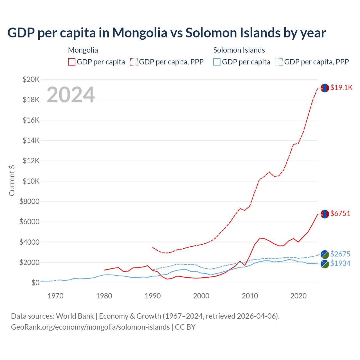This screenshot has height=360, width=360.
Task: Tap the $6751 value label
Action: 340,213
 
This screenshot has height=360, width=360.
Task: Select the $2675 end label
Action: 340,254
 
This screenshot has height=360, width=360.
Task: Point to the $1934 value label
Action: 340,263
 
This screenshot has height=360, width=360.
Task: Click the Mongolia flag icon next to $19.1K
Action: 325,88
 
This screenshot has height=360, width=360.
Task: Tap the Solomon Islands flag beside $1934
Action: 325,264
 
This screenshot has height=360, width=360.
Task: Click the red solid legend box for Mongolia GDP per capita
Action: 72,62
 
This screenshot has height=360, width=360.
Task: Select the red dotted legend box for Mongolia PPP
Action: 134,62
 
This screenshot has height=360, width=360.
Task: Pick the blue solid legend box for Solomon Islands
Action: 217,62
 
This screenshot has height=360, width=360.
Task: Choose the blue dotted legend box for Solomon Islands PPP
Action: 279,62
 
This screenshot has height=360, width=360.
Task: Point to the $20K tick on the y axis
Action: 31,79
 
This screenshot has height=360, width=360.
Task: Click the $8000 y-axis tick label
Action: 29,201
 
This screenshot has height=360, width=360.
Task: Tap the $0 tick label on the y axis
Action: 35,283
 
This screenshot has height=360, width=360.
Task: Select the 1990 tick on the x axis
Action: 153,296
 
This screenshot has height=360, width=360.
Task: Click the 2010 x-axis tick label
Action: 250,296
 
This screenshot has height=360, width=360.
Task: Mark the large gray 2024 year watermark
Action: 71,95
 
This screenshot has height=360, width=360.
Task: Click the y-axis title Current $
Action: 12,181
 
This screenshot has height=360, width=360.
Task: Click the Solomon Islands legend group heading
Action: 239,50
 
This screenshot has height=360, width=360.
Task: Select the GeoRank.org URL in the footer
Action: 90,327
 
